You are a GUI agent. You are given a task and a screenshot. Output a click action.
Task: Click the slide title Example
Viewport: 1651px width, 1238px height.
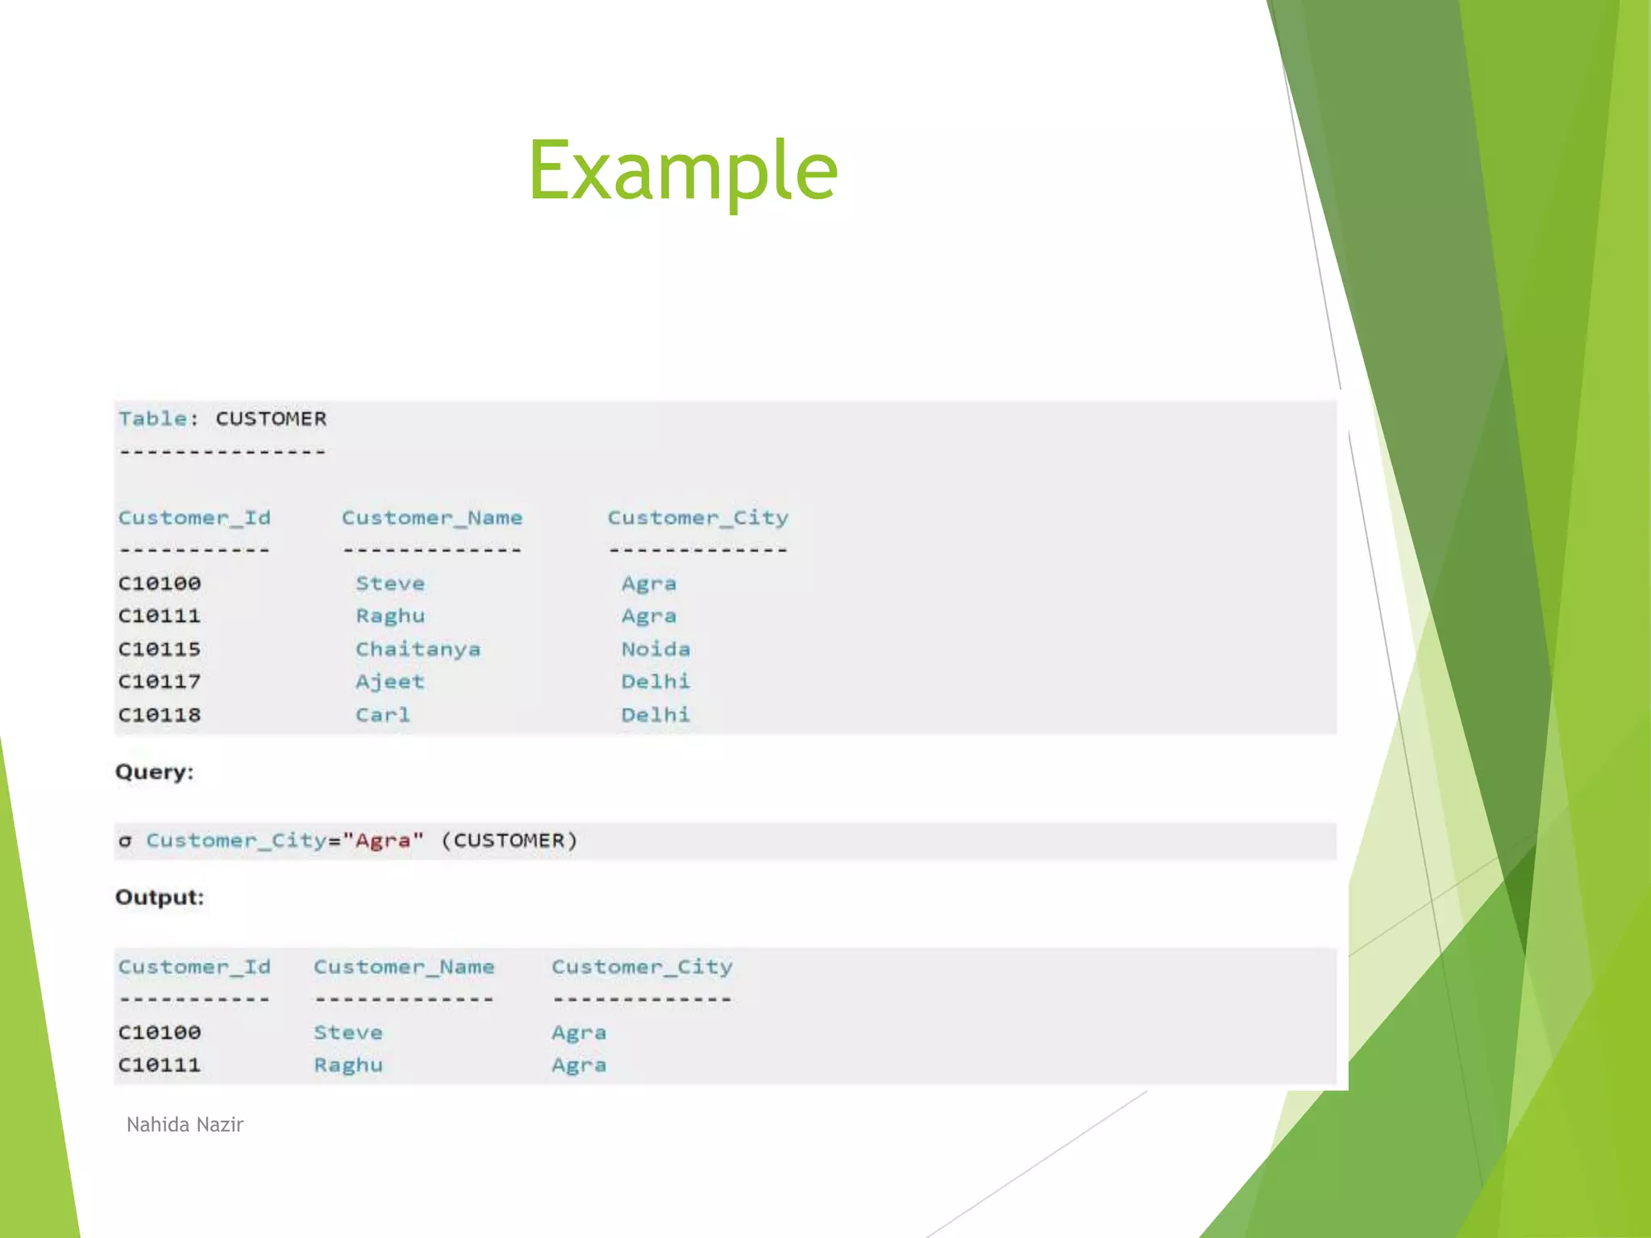683,170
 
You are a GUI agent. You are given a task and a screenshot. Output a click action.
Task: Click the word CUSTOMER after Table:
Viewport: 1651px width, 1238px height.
271,419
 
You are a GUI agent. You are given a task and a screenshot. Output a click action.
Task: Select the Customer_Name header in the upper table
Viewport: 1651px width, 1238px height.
432,518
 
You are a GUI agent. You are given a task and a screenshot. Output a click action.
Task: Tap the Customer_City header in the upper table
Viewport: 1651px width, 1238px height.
697,518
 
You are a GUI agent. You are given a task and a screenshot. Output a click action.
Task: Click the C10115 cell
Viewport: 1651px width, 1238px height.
160,650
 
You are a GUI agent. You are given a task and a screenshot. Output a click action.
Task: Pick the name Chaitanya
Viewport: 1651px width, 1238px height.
418,650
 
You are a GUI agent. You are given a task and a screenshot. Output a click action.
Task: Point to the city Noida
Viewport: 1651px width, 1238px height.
655,650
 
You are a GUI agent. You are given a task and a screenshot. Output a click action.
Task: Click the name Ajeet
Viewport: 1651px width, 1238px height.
389,683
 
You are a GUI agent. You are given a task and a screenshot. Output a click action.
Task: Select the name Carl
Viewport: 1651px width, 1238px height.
383,716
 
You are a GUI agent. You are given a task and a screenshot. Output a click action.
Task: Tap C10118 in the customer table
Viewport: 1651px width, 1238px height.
160,716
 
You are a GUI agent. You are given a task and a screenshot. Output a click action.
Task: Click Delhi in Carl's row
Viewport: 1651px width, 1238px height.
655,716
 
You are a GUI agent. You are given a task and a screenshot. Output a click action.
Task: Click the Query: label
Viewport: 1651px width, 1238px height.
155,772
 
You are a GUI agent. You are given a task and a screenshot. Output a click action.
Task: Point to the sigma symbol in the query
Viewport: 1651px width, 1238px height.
125,841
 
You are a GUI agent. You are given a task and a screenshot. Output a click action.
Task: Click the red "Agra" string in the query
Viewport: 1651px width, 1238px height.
383,841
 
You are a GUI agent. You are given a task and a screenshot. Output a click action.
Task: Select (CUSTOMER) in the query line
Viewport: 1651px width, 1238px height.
509,841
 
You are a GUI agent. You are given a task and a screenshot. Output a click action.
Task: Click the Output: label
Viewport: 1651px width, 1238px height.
160,898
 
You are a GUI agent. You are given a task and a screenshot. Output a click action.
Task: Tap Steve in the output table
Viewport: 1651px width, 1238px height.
347,1033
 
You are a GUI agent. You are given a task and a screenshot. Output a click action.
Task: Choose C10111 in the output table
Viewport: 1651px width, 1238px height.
160,1066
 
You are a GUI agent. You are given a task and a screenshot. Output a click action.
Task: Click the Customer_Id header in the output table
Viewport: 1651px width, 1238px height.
194,967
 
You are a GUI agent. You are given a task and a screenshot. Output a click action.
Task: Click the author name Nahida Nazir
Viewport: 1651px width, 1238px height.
185,1125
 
